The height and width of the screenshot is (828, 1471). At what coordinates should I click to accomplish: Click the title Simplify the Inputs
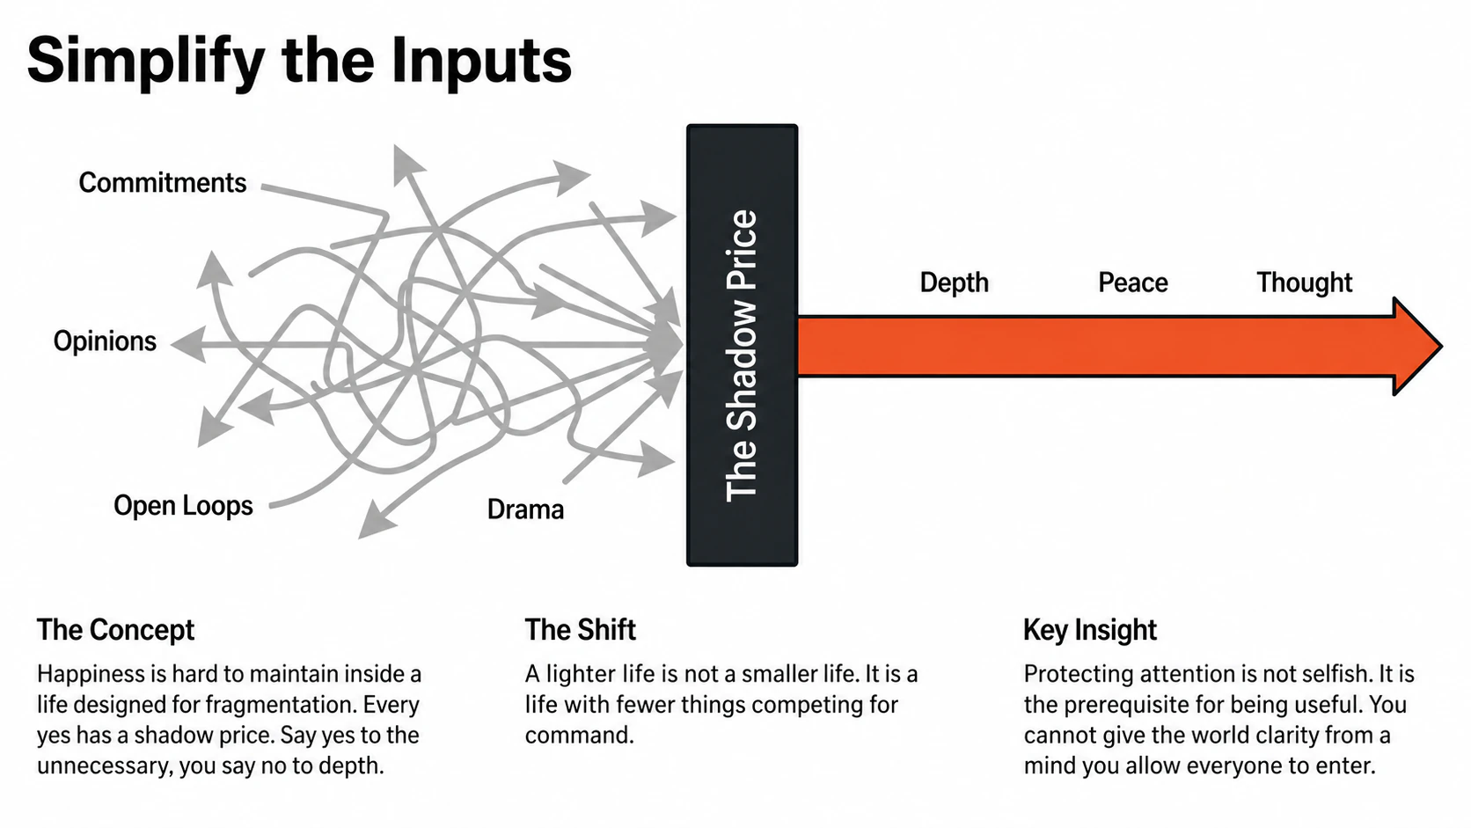299,60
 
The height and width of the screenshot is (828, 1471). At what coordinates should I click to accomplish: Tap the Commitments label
163,182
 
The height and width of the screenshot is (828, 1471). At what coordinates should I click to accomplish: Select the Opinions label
105,341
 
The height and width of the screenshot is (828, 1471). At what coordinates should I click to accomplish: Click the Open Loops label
183,506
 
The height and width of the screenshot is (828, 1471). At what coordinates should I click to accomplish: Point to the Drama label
525,509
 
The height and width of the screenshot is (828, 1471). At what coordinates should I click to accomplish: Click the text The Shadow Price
742,355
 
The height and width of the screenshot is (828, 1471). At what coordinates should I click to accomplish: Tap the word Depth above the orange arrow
954,282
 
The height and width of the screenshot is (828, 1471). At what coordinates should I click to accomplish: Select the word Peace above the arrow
1132,282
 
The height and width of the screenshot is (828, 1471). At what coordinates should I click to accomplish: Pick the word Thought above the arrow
1304,282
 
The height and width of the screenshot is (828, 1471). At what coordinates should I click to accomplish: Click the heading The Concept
115,630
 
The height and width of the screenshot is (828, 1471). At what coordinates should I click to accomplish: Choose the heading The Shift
580,630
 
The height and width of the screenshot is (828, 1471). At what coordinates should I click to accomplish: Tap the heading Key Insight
1089,630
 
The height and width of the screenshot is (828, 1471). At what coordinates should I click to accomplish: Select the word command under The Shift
578,736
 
